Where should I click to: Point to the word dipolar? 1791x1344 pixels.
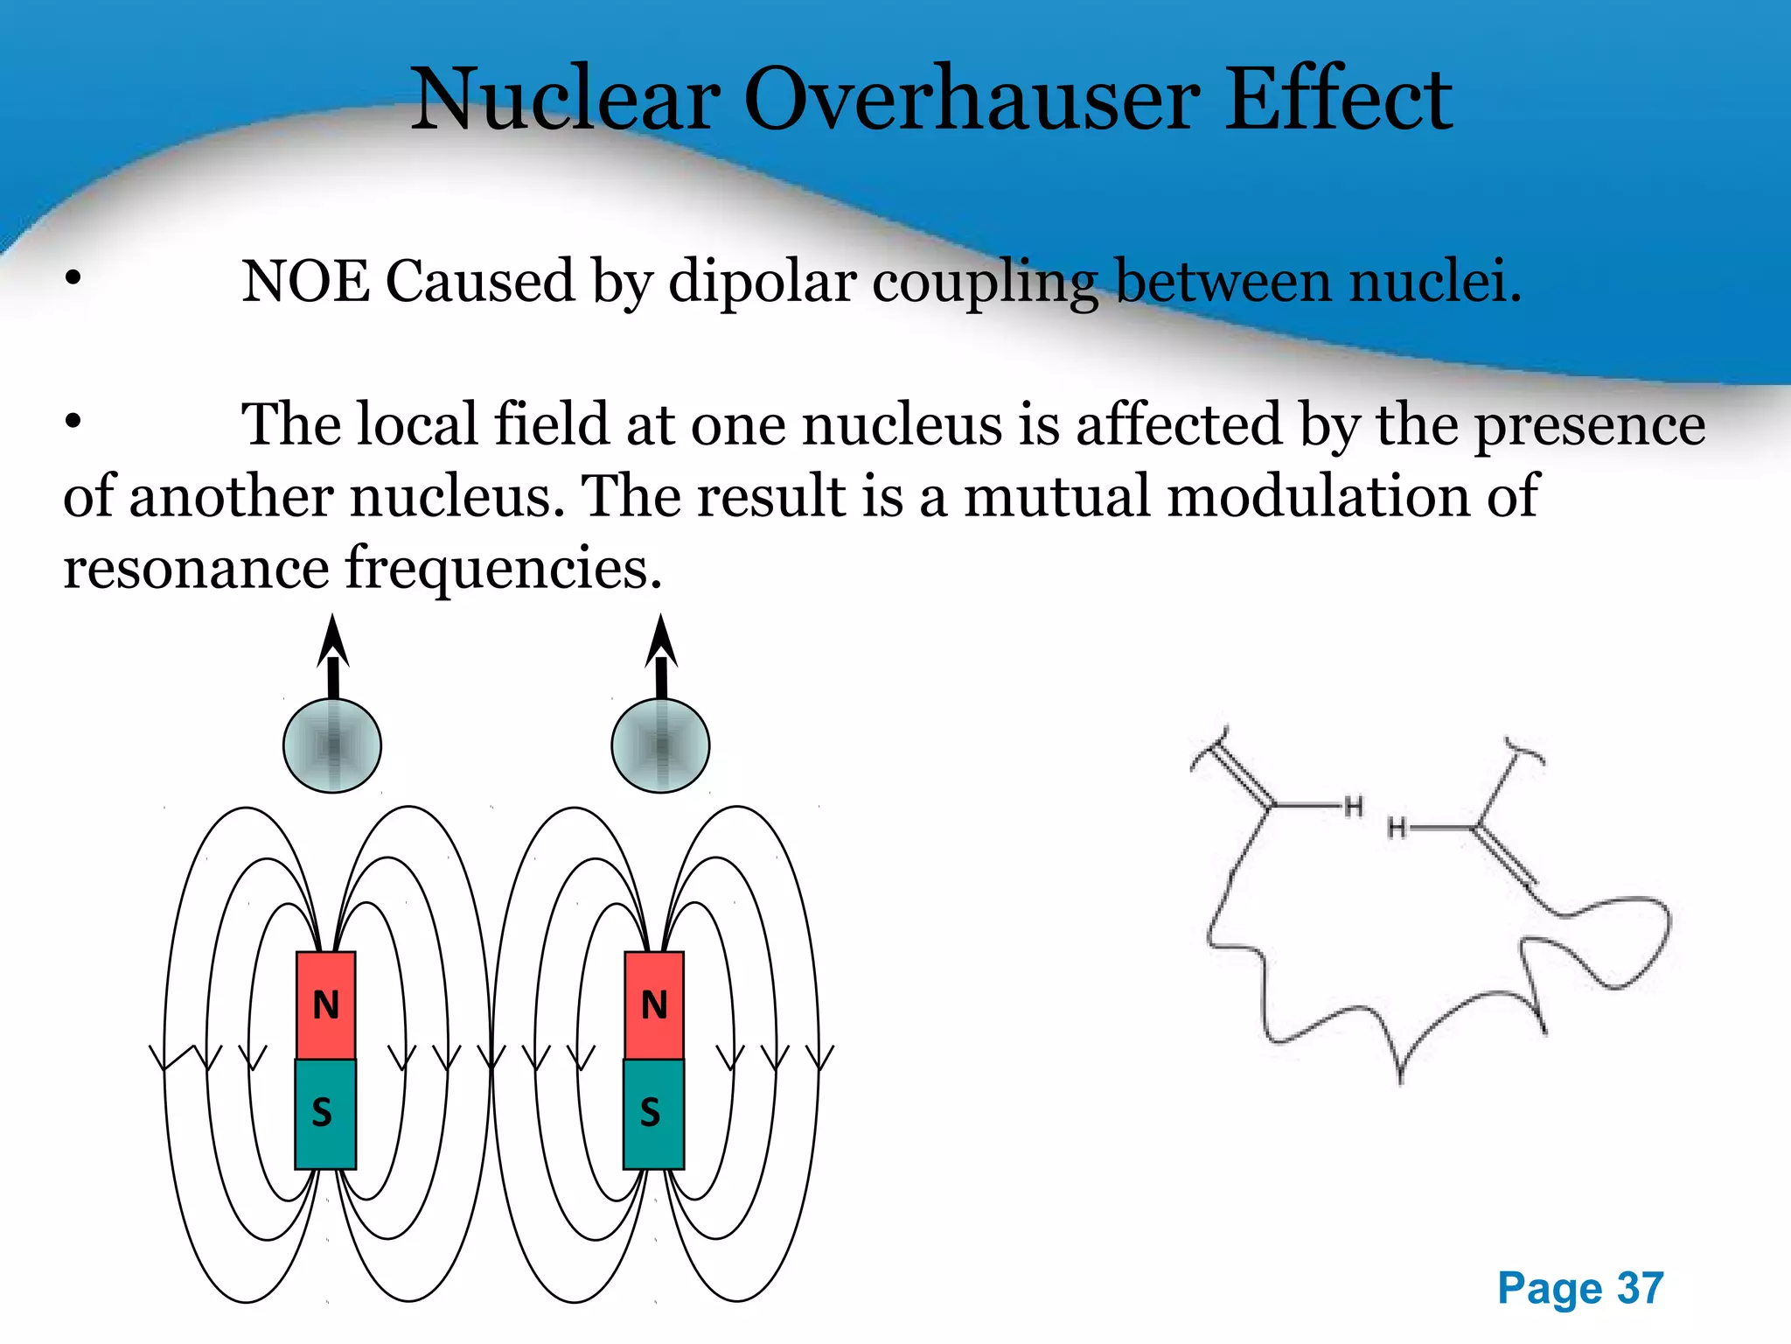point(763,283)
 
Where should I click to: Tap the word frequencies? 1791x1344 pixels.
point(503,569)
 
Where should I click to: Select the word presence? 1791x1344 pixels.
point(1590,425)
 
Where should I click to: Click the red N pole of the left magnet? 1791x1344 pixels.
point(325,1005)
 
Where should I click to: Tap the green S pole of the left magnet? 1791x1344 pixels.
point(324,1113)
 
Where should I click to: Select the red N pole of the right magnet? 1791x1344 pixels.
point(653,1005)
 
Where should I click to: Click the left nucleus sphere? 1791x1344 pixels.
point(332,745)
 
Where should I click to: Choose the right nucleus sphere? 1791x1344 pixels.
point(660,745)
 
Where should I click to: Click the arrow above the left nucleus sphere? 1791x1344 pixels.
point(332,654)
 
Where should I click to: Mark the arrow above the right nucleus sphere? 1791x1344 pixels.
point(661,654)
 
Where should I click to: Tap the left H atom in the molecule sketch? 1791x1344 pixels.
point(1354,806)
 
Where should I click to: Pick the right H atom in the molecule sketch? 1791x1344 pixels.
point(1397,827)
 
